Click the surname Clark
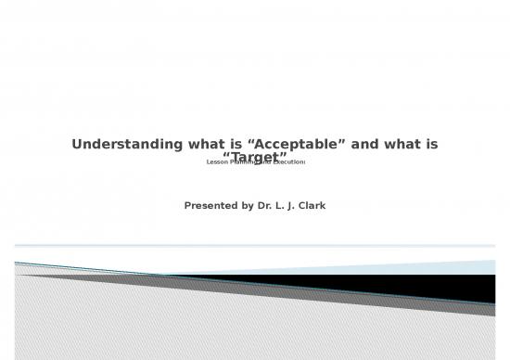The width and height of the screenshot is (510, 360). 316,205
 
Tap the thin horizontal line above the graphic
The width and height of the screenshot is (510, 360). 255,246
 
